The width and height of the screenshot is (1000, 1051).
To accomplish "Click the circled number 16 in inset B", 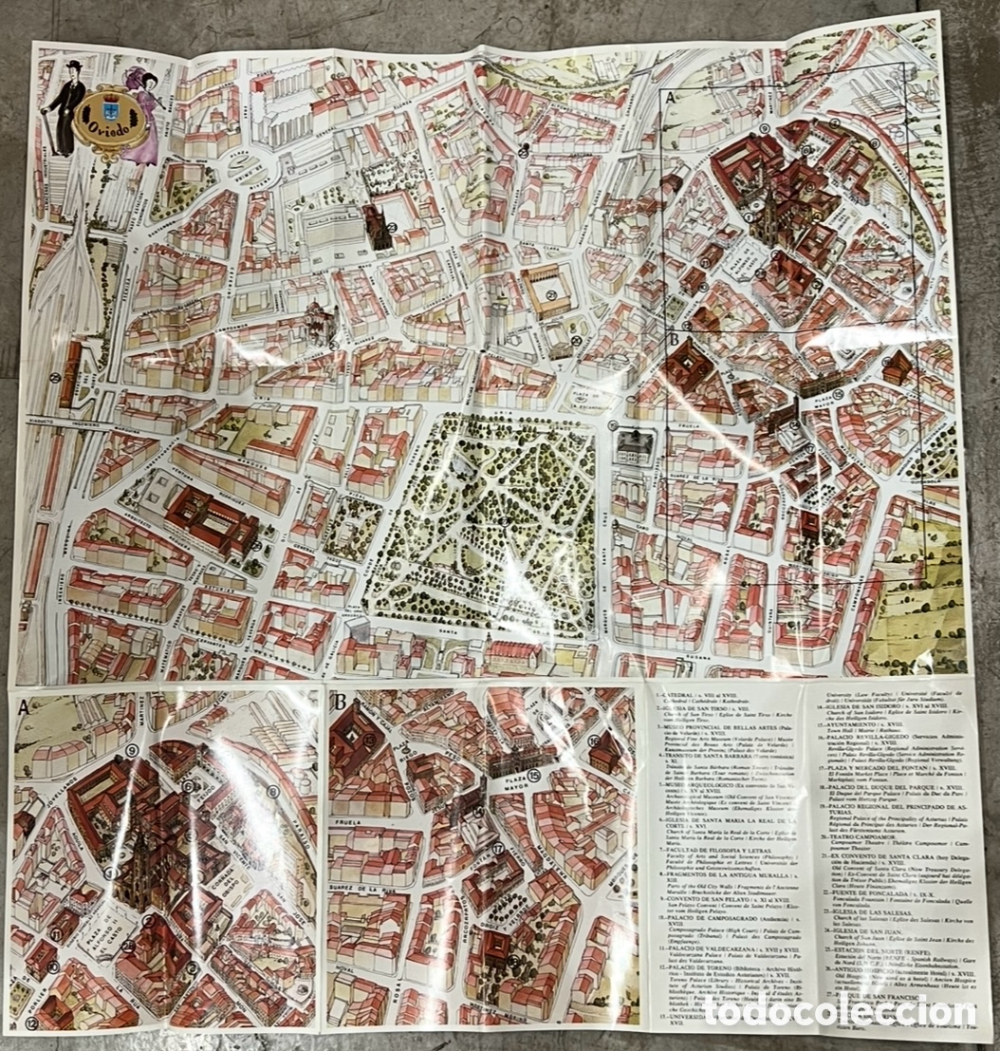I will tap(593, 741).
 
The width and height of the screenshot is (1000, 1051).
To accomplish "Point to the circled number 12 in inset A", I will tap(32, 1023).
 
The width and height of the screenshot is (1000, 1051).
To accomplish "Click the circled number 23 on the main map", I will tap(392, 226).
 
